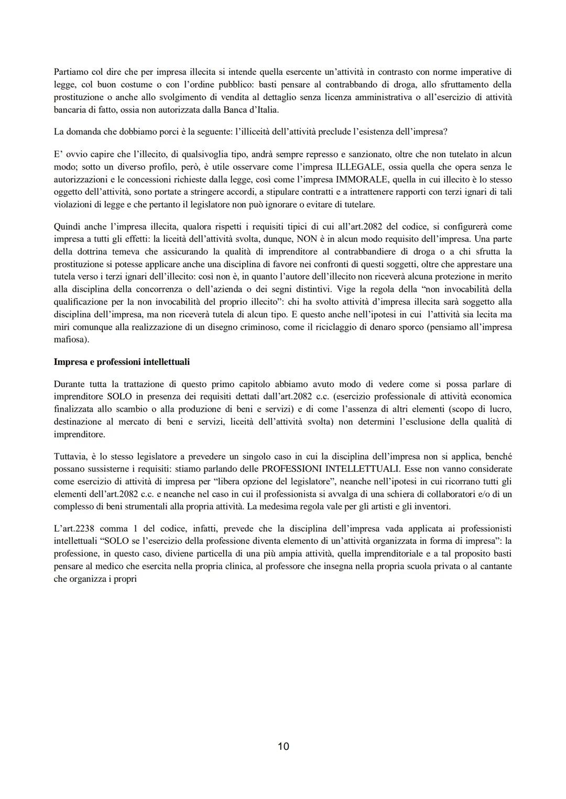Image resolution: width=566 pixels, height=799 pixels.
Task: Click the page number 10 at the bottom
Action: [283, 746]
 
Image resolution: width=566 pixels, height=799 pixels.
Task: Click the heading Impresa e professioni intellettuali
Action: [122, 361]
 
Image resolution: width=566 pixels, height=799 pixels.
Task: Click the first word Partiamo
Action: [71, 72]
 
